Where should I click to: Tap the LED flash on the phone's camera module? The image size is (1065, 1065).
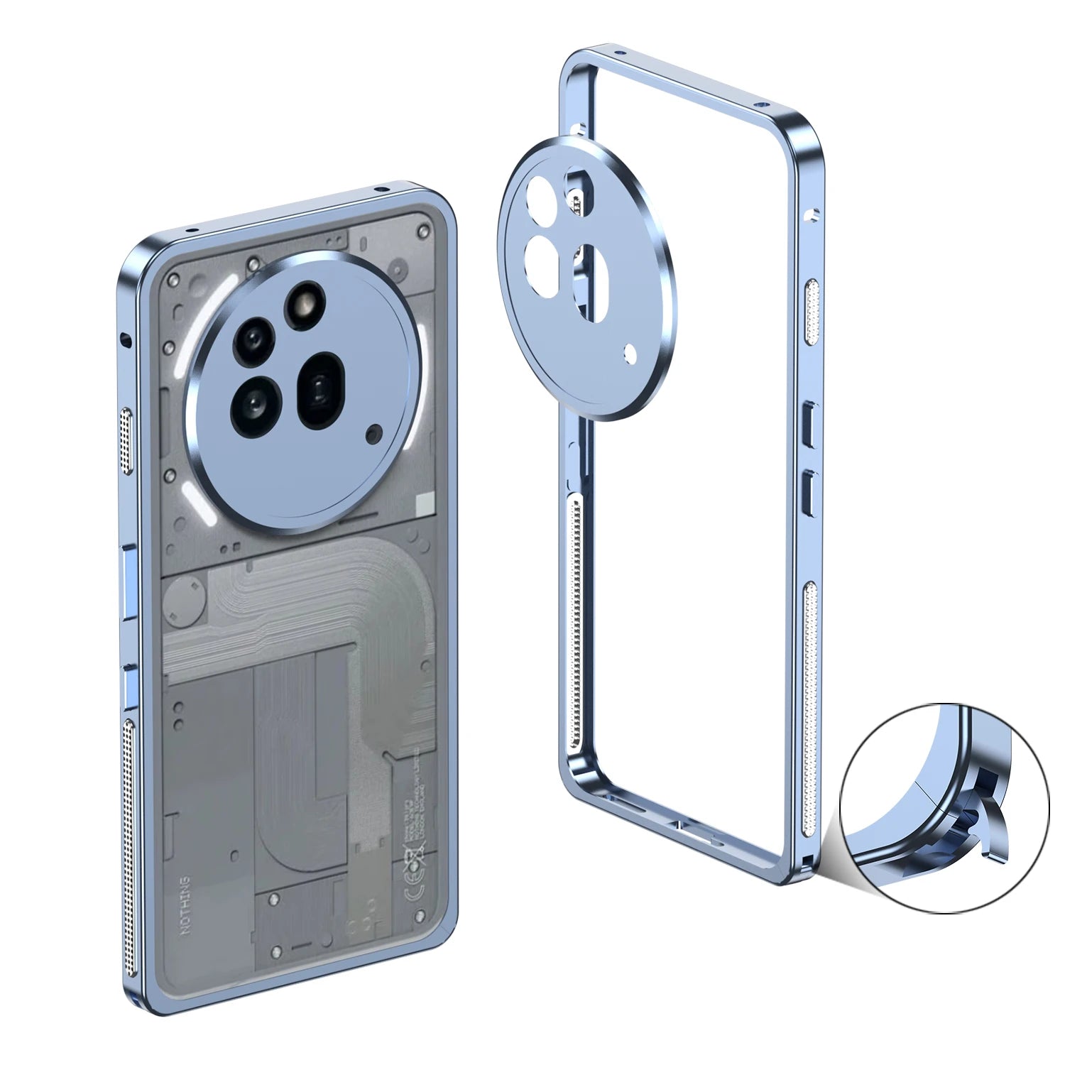pos(304,303)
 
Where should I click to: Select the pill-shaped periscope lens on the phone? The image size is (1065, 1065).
pos(320,390)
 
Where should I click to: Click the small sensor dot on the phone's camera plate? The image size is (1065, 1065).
pos(373,432)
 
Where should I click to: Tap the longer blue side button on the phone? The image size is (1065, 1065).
pos(130,581)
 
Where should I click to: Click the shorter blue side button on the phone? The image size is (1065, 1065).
pos(130,686)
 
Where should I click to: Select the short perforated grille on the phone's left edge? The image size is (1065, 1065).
pos(128,441)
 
